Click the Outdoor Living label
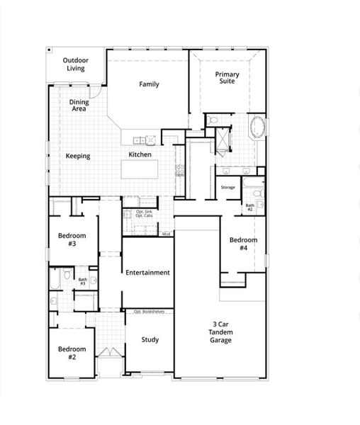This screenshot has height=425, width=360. point(76,64)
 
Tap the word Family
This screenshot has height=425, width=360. point(149,84)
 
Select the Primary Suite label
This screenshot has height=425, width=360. point(227,78)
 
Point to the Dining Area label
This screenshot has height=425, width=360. point(79,106)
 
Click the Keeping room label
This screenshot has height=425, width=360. point(78,156)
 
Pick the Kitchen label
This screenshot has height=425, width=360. point(140,154)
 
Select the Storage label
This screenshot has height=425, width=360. point(227,187)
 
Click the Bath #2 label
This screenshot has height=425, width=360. point(250,208)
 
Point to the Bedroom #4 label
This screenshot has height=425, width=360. point(243,244)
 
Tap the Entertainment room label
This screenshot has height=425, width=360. point(147,272)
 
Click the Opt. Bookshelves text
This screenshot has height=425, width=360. point(150,311)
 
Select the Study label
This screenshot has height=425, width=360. point(150,339)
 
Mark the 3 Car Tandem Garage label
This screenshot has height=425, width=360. point(220,332)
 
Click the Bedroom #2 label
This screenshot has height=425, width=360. point(72,353)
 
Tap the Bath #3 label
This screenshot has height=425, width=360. point(82,281)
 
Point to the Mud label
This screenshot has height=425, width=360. point(166,233)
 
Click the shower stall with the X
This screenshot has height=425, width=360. point(223,139)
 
